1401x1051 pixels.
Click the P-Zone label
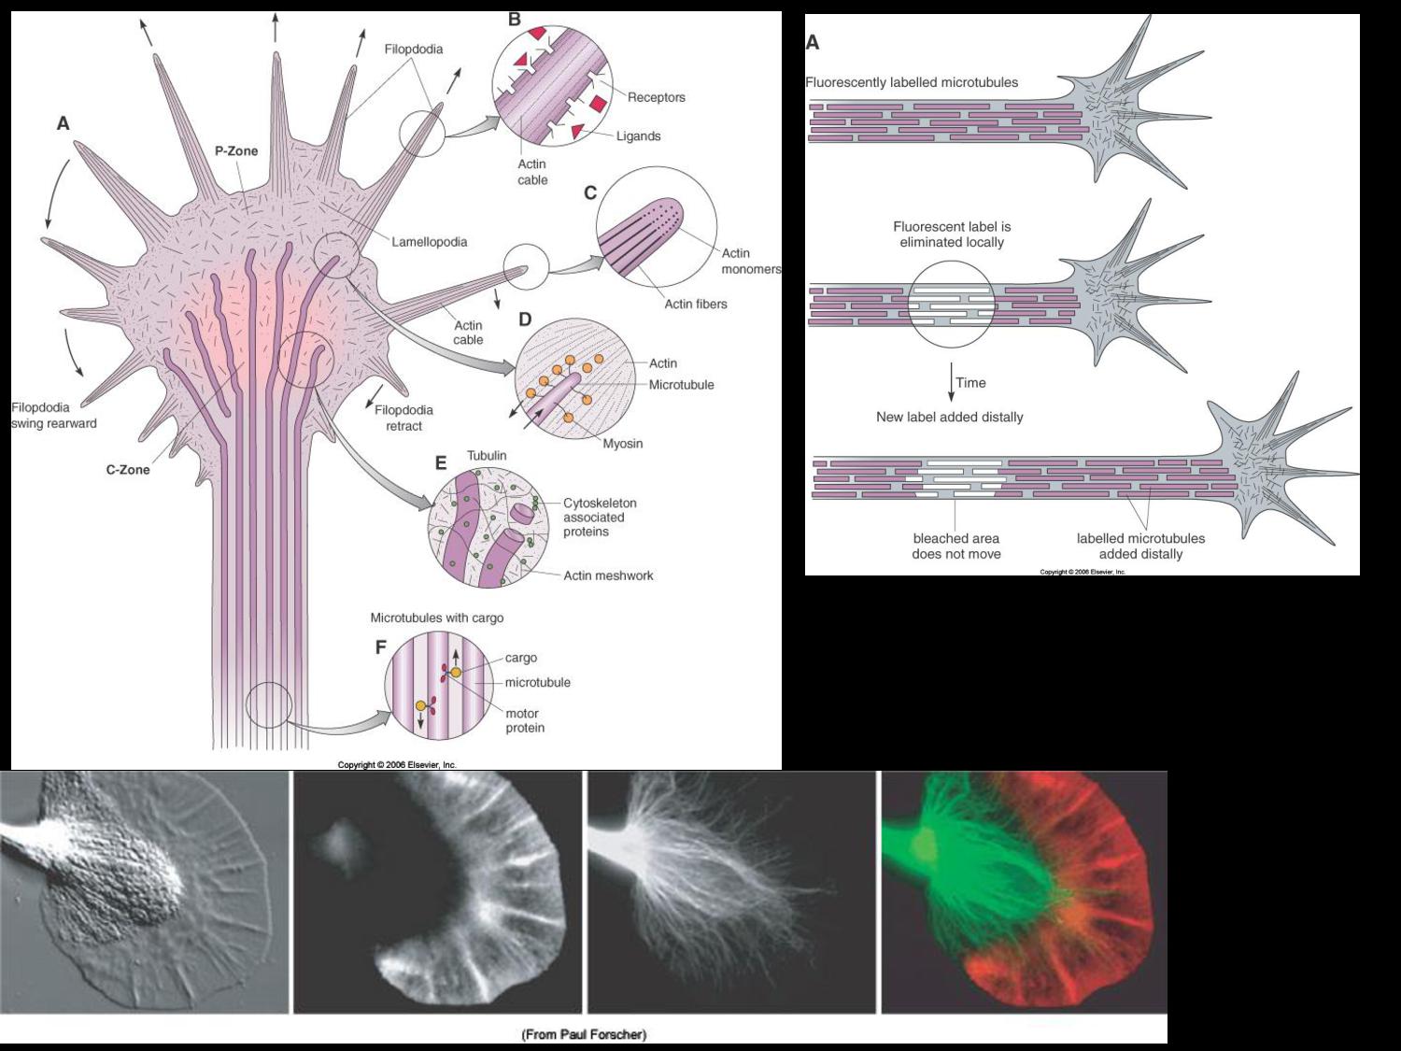click(x=236, y=150)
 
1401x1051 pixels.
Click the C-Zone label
click(x=128, y=469)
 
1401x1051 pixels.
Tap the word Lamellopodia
click(x=429, y=242)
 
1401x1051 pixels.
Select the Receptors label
click(x=656, y=97)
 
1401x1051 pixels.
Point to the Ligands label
click(x=638, y=136)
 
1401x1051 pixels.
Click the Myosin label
click(x=622, y=444)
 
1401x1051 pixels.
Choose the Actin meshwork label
click(x=608, y=575)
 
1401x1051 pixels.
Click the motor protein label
click(x=525, y=720)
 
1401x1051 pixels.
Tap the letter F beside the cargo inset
click(x=380, y=647)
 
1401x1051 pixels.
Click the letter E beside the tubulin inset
click(x=441, y=463)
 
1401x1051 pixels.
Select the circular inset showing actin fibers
click(x=657, y=228)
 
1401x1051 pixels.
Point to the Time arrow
click(x=952, y=383)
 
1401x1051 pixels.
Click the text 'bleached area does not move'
click(x=956, y=546)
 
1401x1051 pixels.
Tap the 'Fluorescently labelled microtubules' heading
click(x=912, y=82)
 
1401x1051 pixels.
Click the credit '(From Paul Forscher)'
click(x=584, y=1034)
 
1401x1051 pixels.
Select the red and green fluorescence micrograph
click(x=1025, y=892)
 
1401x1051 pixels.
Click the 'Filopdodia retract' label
click(x=403, y=418)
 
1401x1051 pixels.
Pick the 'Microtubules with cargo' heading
click(x=436, y=618)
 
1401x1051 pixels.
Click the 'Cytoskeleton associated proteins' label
click(x=599, y=517)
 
